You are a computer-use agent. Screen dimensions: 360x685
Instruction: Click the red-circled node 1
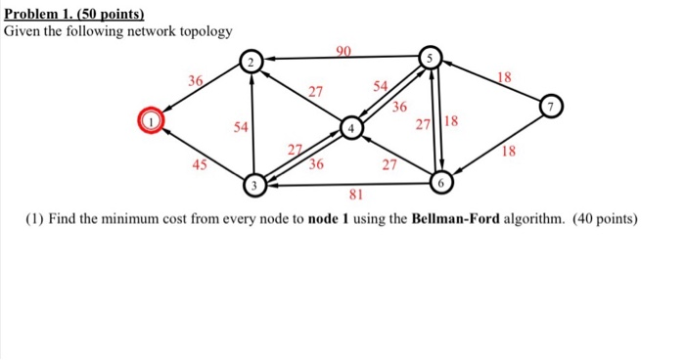(x=152, y=121)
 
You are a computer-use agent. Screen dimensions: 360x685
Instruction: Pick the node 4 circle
(x=351, y=128)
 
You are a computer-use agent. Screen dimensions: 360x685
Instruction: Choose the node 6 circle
(x=442, y=183)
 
